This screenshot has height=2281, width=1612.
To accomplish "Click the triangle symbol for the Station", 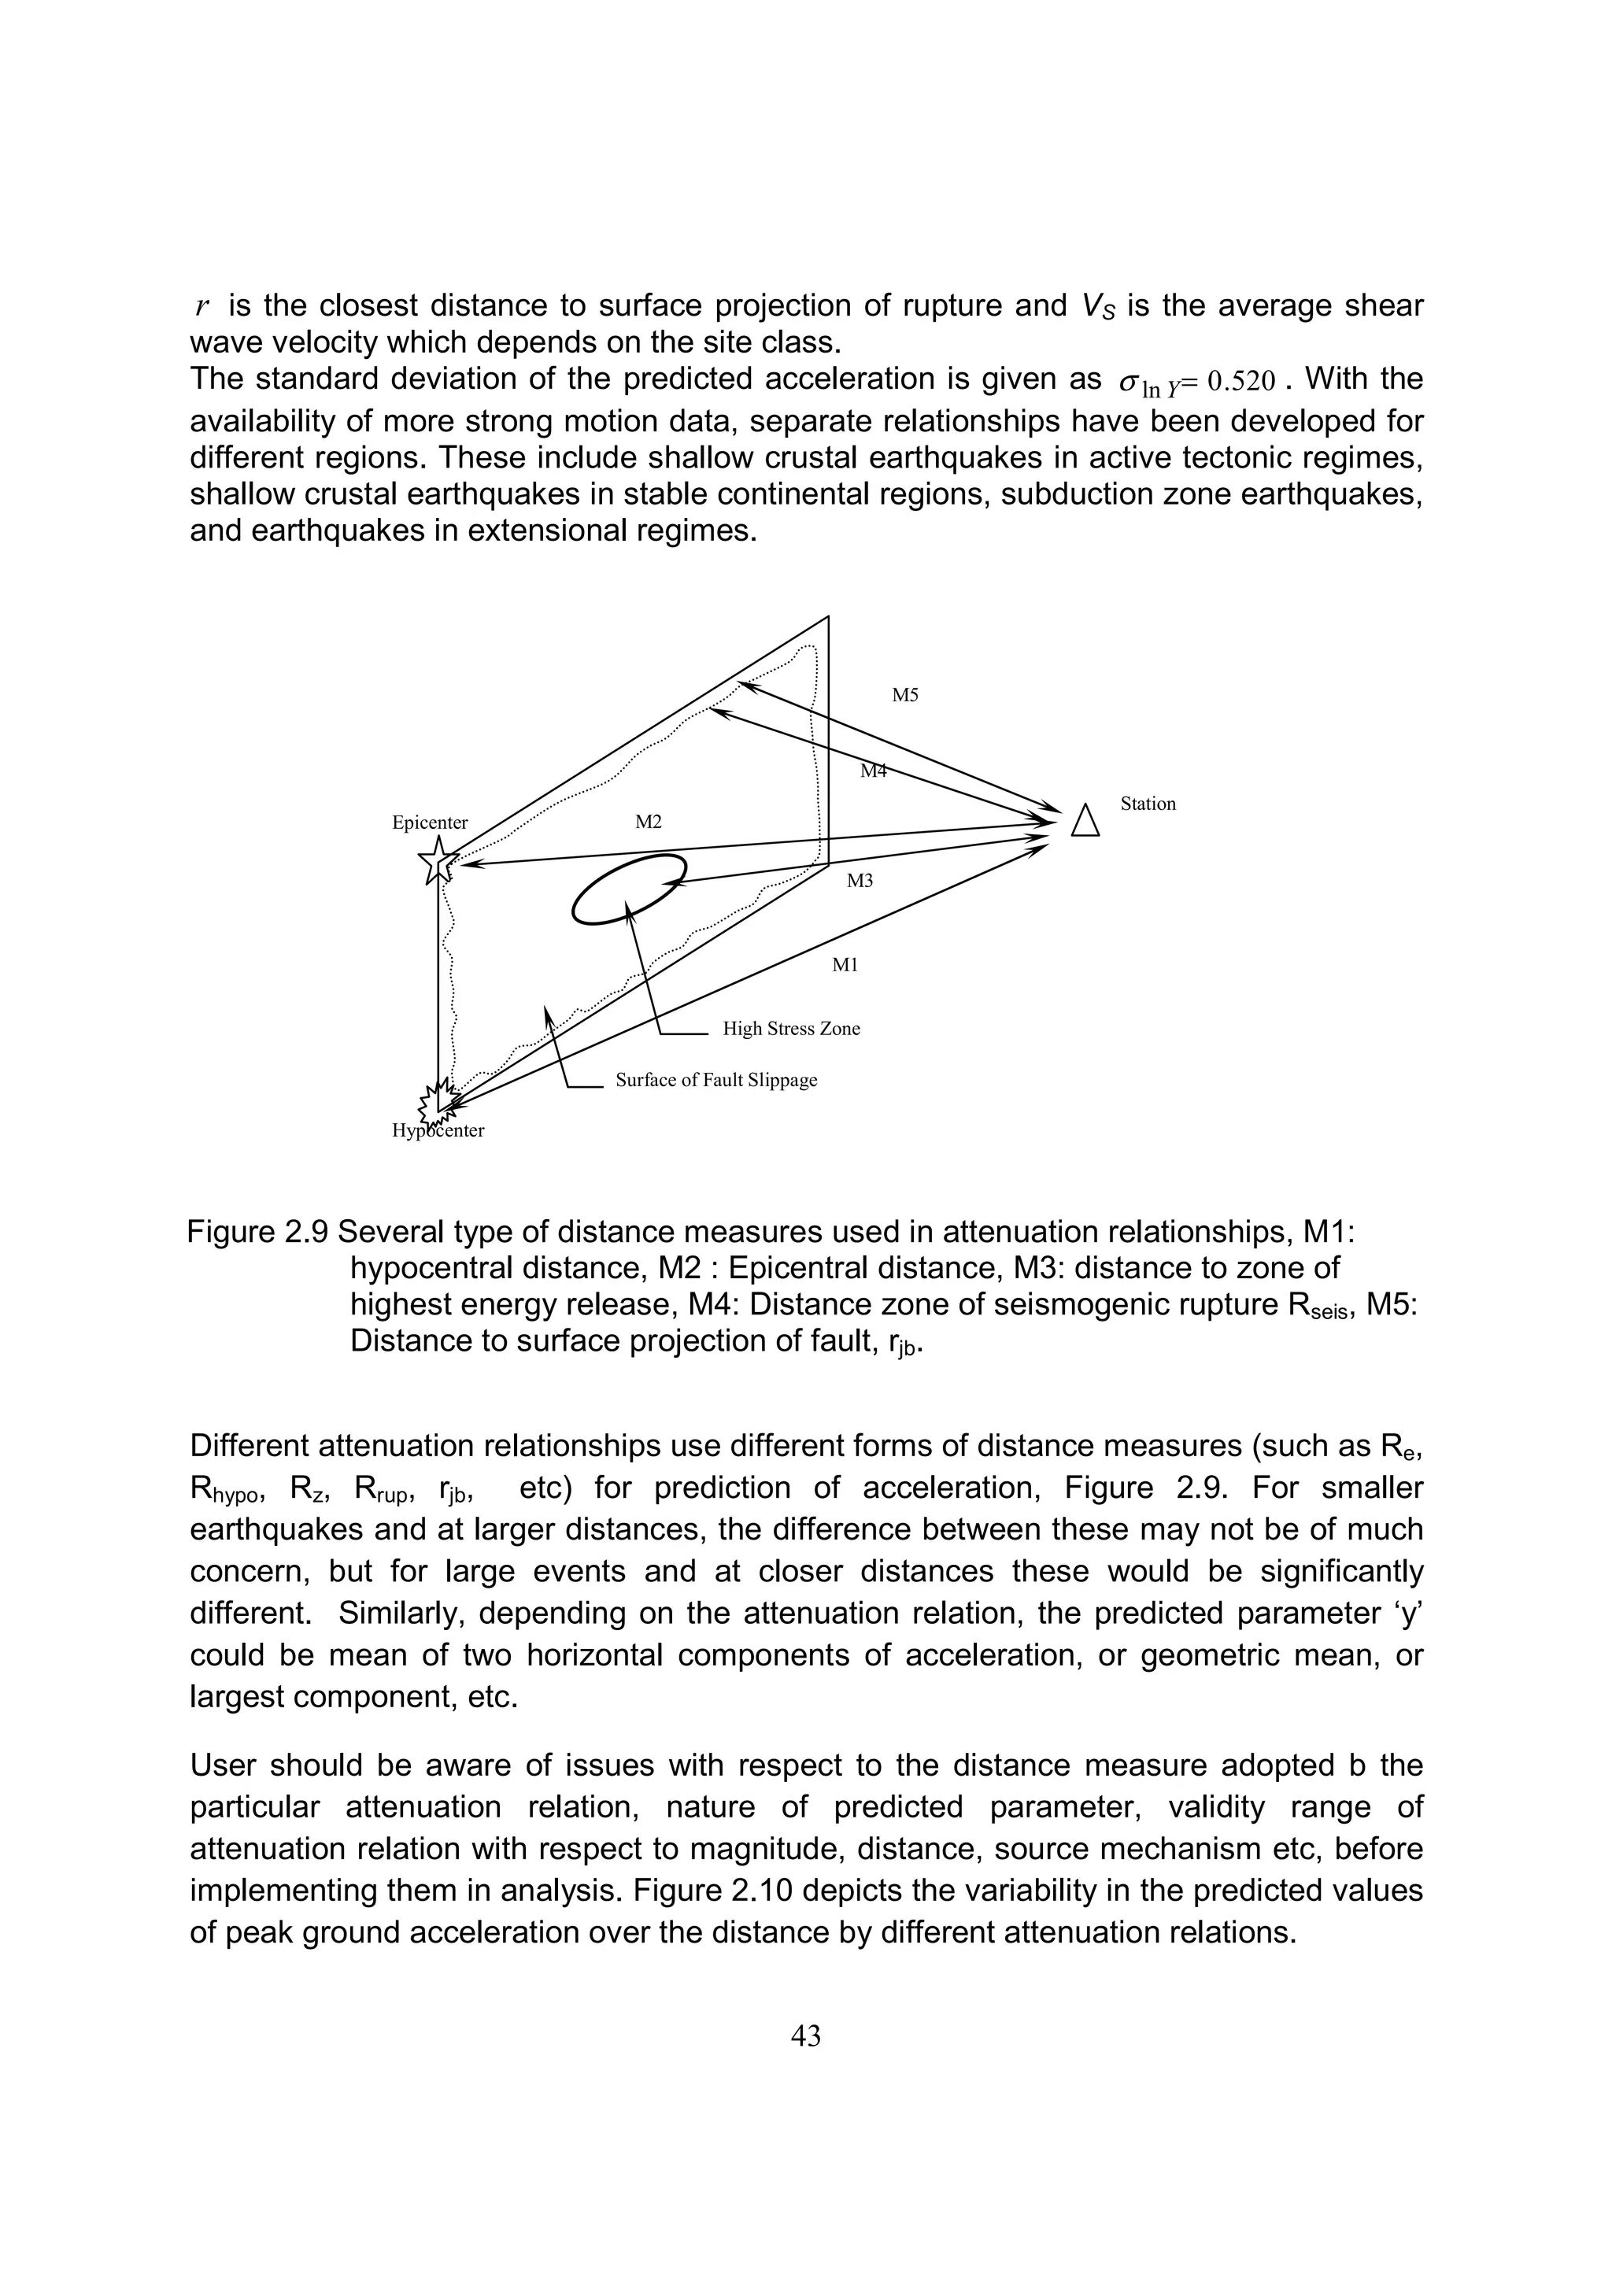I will tap(1085, 822).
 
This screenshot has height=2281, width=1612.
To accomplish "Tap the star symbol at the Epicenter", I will tap(438, 860).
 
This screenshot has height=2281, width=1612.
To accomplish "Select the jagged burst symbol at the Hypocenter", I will tap(437, 1101).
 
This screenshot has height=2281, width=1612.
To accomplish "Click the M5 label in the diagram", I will tap(905, 696).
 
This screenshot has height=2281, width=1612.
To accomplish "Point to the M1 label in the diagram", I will tap(845, 965).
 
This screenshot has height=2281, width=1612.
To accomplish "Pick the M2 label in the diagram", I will tap(648, 822).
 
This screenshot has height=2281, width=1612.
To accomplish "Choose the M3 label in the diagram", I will tap(860, 880).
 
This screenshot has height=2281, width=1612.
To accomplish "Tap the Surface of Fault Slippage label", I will tap(716, 1080).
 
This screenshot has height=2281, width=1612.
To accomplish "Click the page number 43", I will tap(805, 2035).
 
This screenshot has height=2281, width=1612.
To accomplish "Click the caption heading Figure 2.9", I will tap(257, 1233).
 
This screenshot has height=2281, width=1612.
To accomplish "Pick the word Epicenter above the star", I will tap(430, 823).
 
